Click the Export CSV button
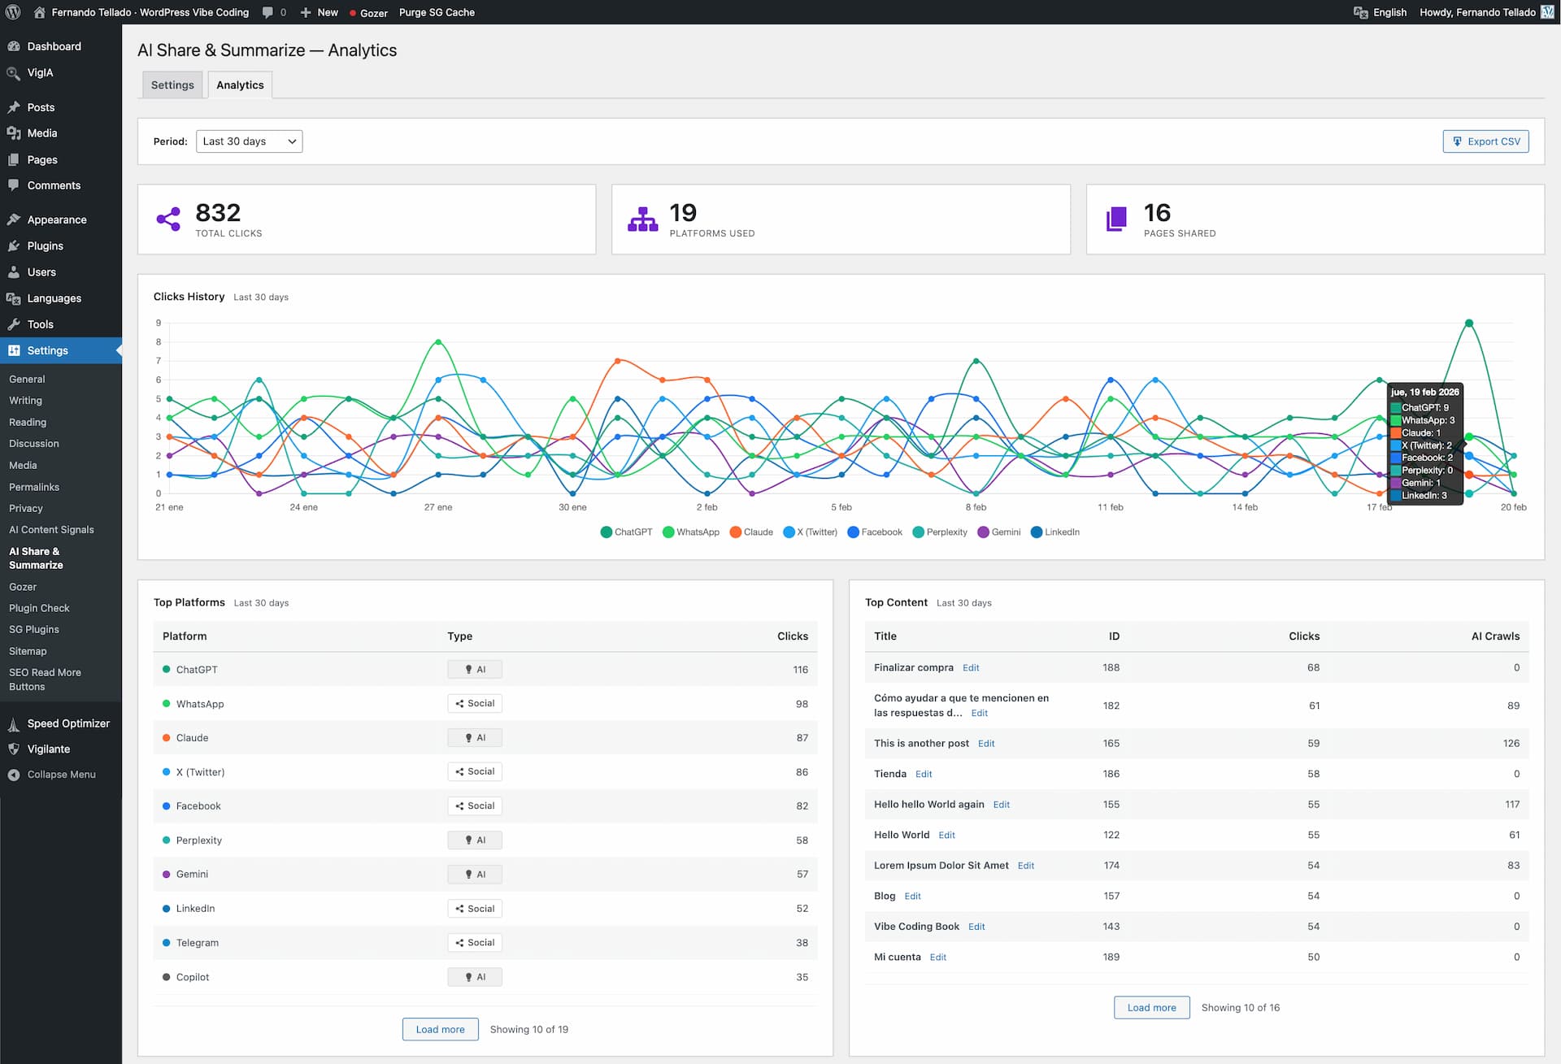pyautogui.click(x=1485, y=141)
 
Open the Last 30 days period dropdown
pyautogui.click(x=249, y=141)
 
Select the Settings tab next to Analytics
pyautogui.click(x=172, y=85)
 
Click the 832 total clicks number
pyautogui.click(x=218, y=213)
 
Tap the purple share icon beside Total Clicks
pyautogui.click(x=168, y=219)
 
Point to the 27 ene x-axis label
pyautogui.click(x=438, y=507)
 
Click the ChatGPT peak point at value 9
pyautogui.click(x=1468, y=324)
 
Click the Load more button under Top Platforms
pyautogui.click(x=440, y=1029)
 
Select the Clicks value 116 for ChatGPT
pyautogui.click(x=800, y=670)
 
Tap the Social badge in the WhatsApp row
pyautogui.click(x=475, y=704)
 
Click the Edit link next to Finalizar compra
pyautogui.click(x=971, y=668)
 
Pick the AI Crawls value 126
pyautogui.click(x=1511, y=744)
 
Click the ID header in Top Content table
pyautogui.click(x=1114, y=636)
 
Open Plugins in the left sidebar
pyautogui.click(x=45, y=246)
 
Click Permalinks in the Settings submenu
pyautogui.click(x=34, y=487)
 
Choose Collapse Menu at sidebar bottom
pyautogui.click(x=61, y=775)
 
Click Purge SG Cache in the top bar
pyautogui.click(x=437, y=12)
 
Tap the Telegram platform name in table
pyautogui.click(x=197, y=943)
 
